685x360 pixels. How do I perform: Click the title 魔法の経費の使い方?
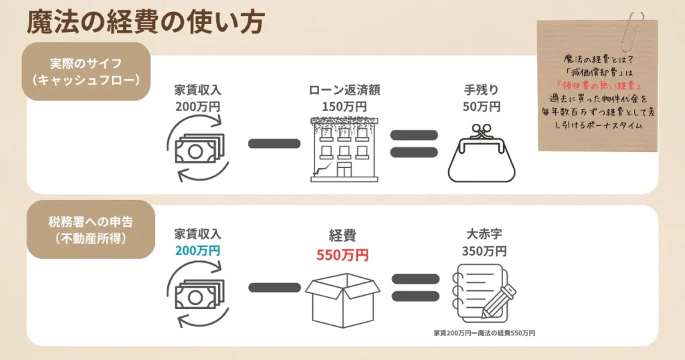[x=145, y=21]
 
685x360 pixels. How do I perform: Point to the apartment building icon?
[x=344, y=149]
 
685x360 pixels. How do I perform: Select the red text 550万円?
[x=342, y=255]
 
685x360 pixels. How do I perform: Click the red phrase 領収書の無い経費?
[x=598, y=86]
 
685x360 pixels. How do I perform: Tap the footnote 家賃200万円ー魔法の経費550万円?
[x=484, y=332]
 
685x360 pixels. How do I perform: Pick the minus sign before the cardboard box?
[x=274, y=288]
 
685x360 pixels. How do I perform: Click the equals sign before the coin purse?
[x=413, y=144]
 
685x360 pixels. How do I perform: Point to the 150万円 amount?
[x=344, y=106]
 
